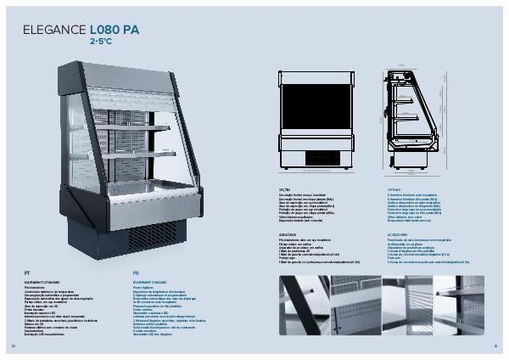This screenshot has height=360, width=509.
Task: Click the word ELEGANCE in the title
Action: click(x=55, y=29)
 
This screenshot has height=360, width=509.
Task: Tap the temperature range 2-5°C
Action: click(x=102, y=40)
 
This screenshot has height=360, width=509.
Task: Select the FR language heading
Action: click(x=136, y=272)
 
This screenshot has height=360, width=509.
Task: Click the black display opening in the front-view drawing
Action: click(x=316, y=106)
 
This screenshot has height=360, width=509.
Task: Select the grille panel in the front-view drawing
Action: click(x=316, y=155)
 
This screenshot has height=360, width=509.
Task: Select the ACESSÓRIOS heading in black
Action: click(x=288, y=231)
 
